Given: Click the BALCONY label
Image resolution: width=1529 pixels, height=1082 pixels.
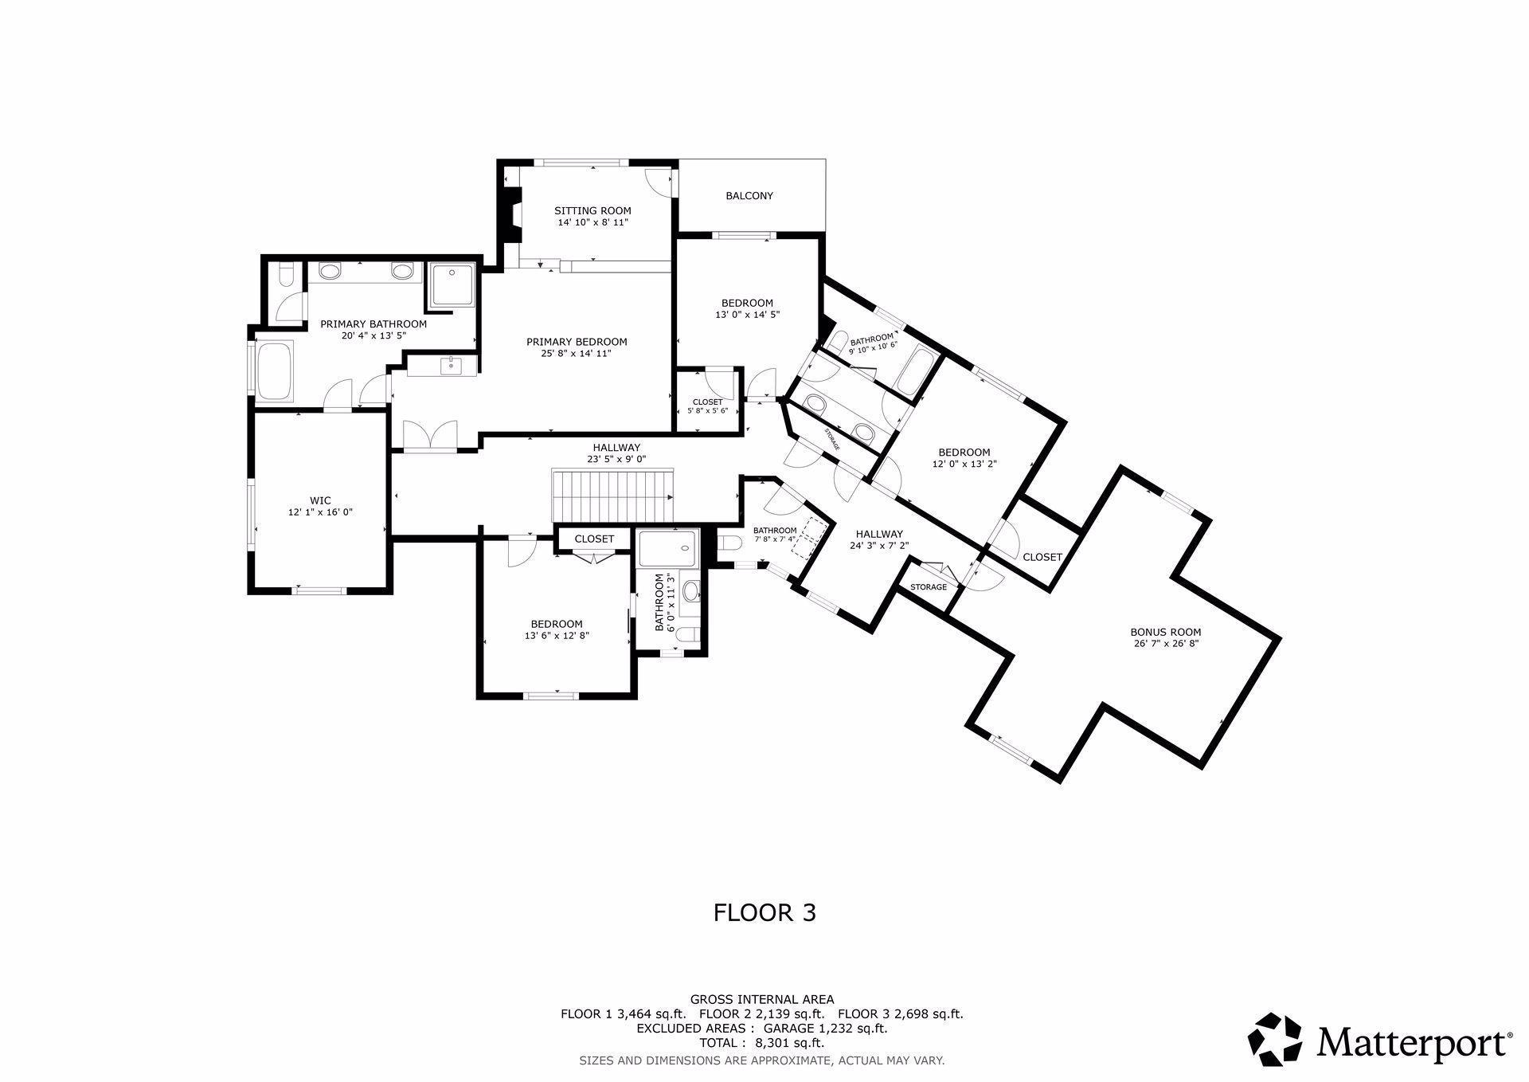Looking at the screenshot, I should (749, 196).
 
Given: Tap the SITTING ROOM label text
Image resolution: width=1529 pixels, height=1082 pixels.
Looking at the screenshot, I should (592, 211).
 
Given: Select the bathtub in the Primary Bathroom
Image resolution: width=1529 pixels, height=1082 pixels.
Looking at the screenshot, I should (276, 371).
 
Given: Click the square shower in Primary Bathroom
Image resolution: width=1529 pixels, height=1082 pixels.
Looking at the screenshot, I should (452, 284).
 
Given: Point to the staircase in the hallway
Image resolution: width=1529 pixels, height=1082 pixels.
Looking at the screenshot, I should (612, 495).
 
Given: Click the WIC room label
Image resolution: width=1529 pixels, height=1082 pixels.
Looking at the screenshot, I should (320, 501).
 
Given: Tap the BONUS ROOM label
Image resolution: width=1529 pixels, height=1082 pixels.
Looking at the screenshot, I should (1168, 632).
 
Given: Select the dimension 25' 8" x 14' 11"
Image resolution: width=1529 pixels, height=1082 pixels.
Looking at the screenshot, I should (577, 355).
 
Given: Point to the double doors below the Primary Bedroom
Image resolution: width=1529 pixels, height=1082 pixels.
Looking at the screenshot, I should (430, 435).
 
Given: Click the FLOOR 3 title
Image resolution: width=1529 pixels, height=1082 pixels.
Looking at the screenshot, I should (764, 912).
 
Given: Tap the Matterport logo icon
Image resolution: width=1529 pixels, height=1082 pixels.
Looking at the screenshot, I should (1274, 1039).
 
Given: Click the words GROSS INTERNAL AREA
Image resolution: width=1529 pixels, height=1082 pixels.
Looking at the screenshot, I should (761, 999).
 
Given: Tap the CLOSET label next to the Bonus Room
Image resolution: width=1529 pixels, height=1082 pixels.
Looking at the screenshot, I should (1042, 557).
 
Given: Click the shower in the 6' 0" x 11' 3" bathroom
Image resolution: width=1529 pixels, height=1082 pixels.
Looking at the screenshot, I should (668, 548).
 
